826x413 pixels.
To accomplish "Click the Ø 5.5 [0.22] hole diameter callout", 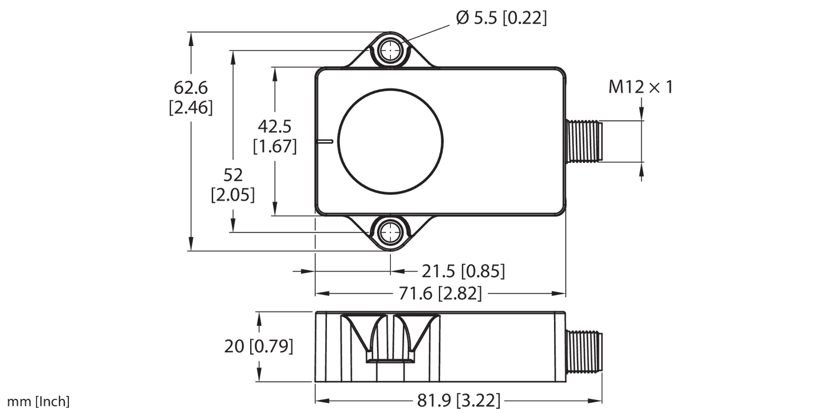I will click(x=501, y=19).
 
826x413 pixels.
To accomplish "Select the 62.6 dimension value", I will click(x=191, y=88).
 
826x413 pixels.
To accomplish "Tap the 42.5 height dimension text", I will click(x=274, y=126).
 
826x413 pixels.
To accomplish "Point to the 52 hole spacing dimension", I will click(x=232, y=175).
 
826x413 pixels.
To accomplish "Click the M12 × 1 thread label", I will click(x=640, y=88).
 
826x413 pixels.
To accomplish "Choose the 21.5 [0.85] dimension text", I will click(x=463, y=271).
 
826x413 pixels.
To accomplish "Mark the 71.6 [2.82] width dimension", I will click(x=440, y=293).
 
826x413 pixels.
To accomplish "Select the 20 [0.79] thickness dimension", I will click(x=258, y=346).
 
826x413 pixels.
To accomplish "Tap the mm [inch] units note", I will click(x=35, y=402).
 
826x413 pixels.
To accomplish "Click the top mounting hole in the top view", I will click(x=389, y=51).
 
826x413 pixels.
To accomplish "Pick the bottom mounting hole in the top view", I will click(x=389, y=232).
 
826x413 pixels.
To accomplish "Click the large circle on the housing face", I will click(x=390, y=142).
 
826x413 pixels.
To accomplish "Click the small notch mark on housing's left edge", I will click(x=324, y=142).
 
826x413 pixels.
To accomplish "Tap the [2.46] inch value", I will click(x=191, y=109).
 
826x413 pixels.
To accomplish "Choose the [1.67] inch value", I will click(x=274, y=146).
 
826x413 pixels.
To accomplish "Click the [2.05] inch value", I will click(x=232, y=195).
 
